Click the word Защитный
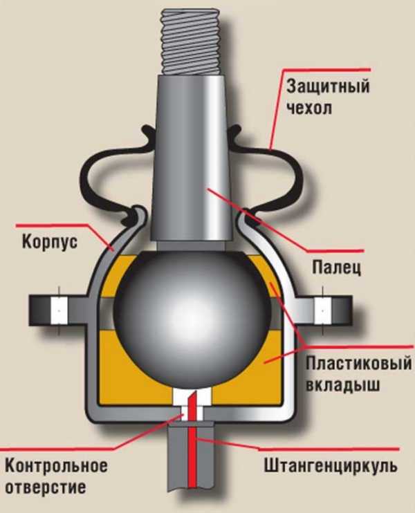tap(328, 87)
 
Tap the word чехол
tap(310, 109)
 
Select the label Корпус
tap(50, 243)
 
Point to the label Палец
tap(336, 268)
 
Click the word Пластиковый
tap(359, 364)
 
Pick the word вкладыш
tap(343, 384)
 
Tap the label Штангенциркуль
tap(331, 466)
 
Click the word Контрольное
tap(56, 465)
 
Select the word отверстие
tap(46, 487)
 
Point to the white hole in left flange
tap(59, 310)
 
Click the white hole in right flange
tap(322, 310)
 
